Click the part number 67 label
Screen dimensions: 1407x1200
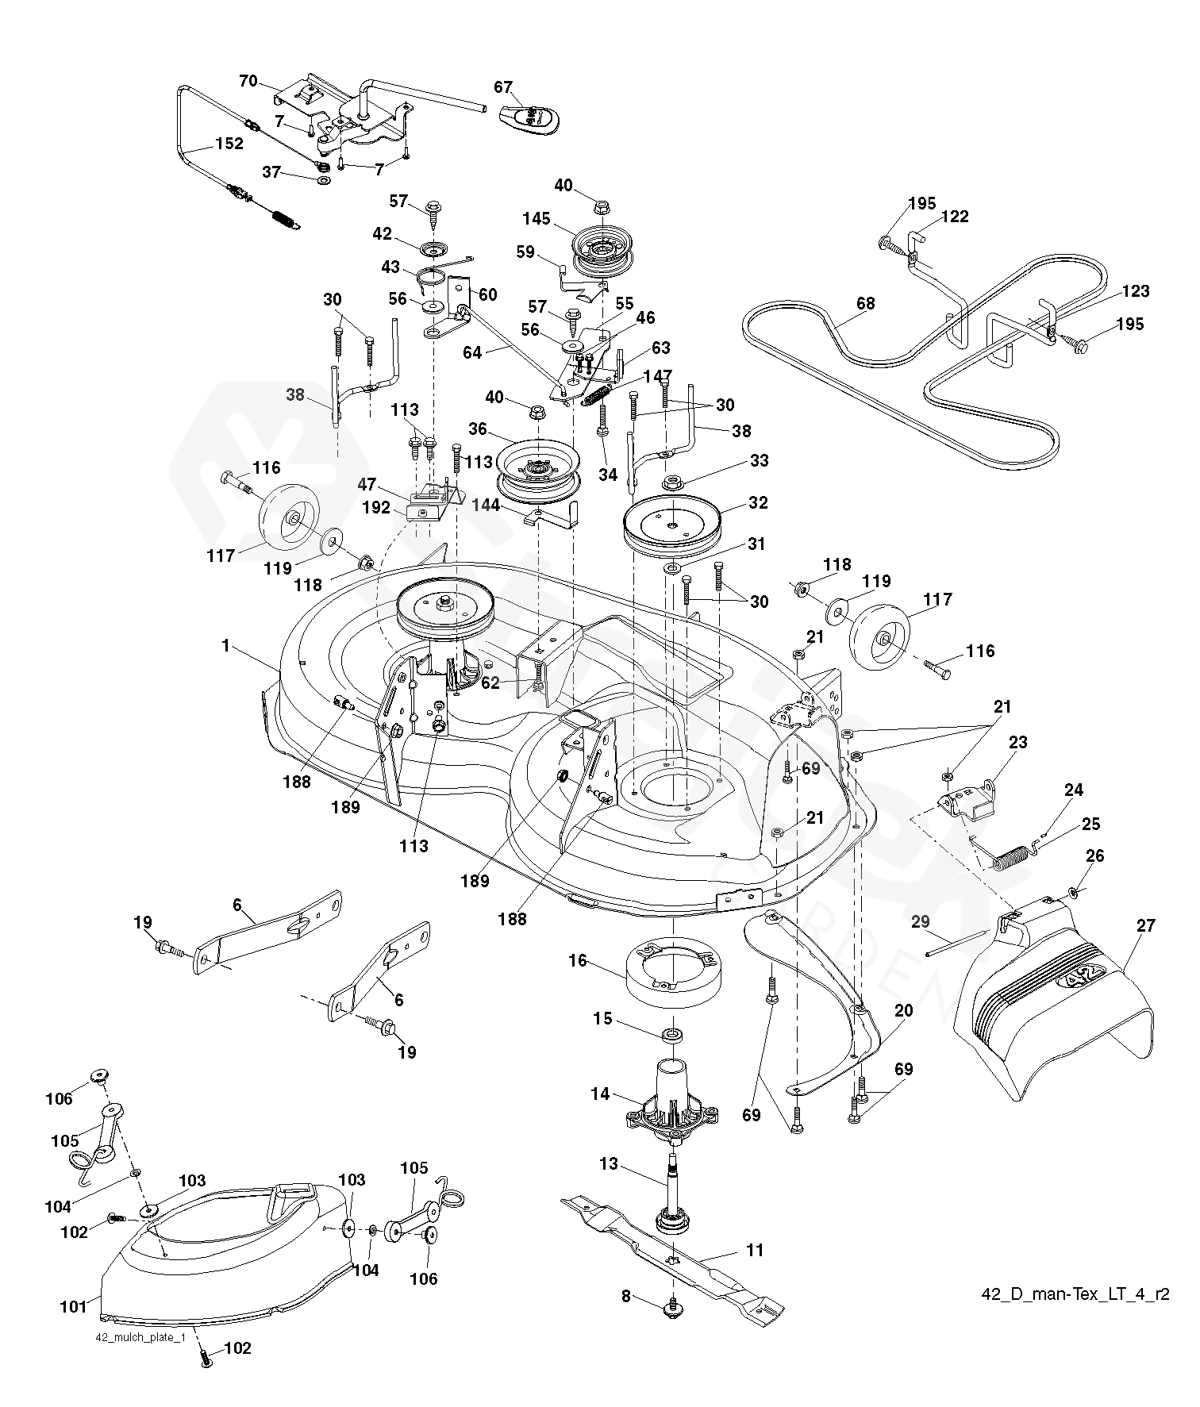(503, 87)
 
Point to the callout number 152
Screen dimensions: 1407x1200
(228, 144)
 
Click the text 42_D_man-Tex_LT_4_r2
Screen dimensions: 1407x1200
(1075, 1294)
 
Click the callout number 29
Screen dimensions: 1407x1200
(920, 921)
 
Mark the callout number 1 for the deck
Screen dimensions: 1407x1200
(225, 646)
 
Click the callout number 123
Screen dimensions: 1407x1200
(1136, 291)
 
